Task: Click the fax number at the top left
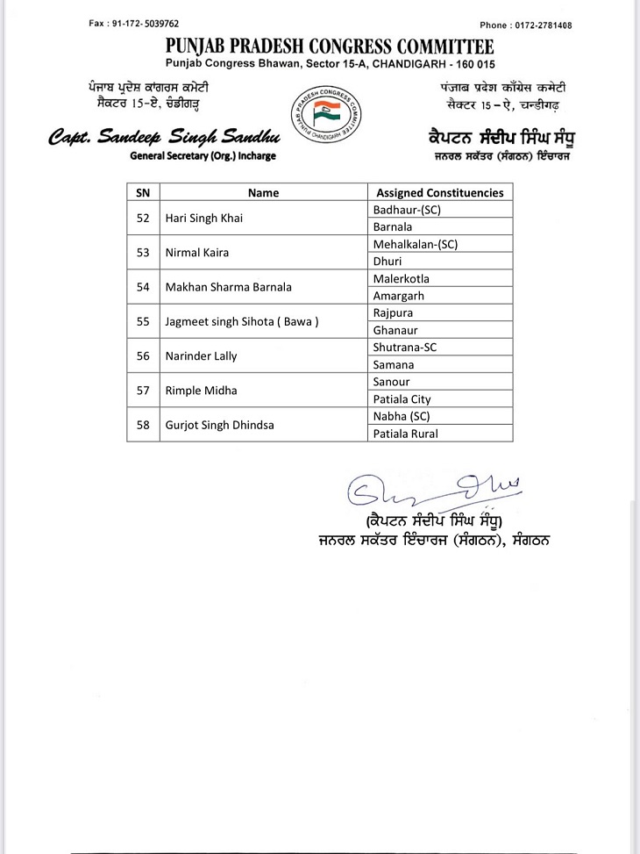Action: (x=132, y=24)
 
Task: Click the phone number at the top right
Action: (x=526, y=25)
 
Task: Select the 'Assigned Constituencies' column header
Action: (x=439, y=192)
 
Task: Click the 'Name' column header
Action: (x=263, y=192)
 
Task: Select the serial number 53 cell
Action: (x=144, y=252)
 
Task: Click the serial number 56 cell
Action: (x=144, y=355)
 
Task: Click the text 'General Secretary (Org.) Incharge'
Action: (x=203, y=155)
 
